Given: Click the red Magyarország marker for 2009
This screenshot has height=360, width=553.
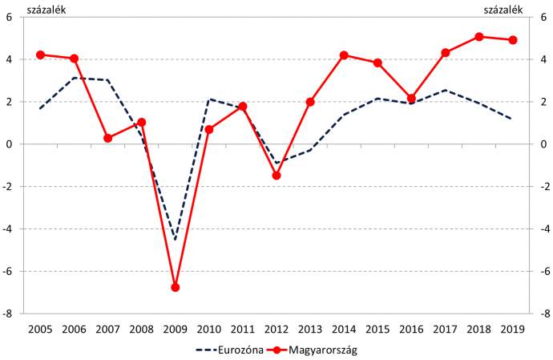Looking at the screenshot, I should coord(175,287).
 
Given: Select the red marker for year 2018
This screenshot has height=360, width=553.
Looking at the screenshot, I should coord(478,37).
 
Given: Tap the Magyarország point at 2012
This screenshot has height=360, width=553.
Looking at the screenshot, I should coord(276,175).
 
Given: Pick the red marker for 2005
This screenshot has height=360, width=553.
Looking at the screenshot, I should coord(40,55).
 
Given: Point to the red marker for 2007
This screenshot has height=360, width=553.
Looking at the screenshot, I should coord(107,138).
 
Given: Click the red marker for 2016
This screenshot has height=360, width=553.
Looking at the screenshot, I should coord(411,99).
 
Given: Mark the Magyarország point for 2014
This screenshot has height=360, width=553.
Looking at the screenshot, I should coord(344,55).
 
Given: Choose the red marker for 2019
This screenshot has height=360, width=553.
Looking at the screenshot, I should coord(513,40).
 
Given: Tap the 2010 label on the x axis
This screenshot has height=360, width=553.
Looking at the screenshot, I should coord(209,329).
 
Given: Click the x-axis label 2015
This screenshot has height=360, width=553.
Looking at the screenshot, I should coord(377,329).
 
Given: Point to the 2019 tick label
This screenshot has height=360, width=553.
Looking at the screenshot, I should coord(513,329).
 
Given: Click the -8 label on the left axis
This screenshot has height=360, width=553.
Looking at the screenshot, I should coord(10,314).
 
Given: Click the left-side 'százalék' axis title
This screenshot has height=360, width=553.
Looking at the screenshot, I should coord(25,9).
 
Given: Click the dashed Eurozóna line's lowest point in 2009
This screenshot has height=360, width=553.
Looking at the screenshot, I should coord(175,239).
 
